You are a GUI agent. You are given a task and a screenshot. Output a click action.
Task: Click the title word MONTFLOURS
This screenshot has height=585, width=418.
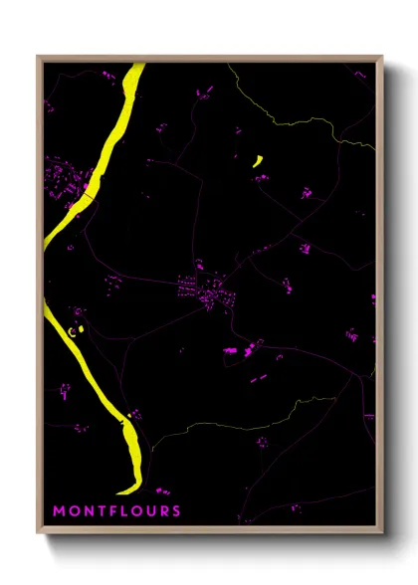[x=116, y=511]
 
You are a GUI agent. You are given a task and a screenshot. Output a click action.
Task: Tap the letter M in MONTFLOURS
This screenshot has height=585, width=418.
[x=58, y=511]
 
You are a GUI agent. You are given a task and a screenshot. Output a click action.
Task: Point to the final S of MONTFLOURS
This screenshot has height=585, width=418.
[x=177, y=511]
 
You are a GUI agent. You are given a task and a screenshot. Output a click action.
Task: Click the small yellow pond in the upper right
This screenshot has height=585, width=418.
[x=257, y=159]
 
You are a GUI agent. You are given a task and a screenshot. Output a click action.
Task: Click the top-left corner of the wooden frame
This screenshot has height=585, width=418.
[x=38, y=57]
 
